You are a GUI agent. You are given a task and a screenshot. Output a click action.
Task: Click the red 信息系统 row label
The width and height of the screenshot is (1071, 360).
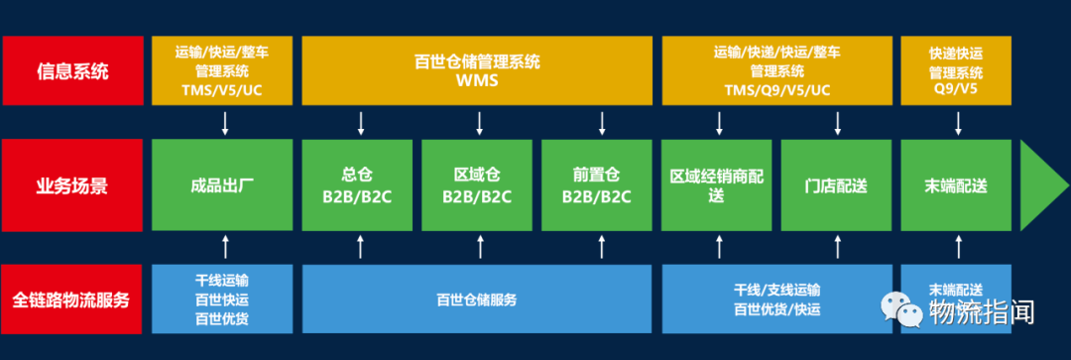pyautogui.click(x=73, y=70)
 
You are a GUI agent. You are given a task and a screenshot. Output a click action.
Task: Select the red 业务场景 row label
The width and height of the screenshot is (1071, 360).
pyautogui.click(x=73, y=185)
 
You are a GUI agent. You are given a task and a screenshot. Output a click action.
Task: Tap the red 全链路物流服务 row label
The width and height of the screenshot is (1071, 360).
pyautogui.click(x=73, y=300)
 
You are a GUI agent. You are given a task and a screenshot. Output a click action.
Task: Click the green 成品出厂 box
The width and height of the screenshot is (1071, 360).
pyautogui.click(x=222, y=185)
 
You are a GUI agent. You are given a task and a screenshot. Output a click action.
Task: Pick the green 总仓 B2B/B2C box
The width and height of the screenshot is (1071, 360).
pyautogui.click(x=357, y=185)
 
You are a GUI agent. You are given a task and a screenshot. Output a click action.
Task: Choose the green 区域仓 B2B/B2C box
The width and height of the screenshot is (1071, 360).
pyautogui.click(x=477, y=185)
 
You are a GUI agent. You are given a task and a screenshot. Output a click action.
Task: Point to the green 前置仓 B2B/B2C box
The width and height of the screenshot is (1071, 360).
pyautogui.click(x=597, y=185)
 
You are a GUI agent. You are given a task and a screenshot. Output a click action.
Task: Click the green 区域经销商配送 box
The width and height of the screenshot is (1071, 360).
pyautogui.click(x=717, y=185)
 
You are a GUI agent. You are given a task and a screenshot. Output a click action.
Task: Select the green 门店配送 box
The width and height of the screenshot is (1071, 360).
pyautogui.click(x=837, y=185)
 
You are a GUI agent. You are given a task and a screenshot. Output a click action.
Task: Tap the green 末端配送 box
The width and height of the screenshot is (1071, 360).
pyautogui.click(x=956, y=185)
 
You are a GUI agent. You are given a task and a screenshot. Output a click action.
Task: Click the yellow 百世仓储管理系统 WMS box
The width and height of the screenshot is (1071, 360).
pyautogui.click(x=477, y=70)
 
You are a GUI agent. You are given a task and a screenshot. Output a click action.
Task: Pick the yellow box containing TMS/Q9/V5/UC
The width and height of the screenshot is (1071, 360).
pyautogui.click(x=777, y=70)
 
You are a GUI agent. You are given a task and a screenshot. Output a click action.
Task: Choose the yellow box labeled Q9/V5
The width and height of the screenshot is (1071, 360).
pyautogui.click(x=956, y=70)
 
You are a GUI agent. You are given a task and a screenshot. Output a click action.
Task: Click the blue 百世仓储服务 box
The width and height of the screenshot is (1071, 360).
pyautogui.click(x=477, y=300)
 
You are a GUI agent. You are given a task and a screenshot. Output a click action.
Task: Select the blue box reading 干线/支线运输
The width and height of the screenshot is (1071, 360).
pyautogui.click(x=777, y=300)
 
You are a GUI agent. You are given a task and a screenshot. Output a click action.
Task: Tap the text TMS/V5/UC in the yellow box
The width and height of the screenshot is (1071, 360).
pyautogui.click(x=222, y=89)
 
